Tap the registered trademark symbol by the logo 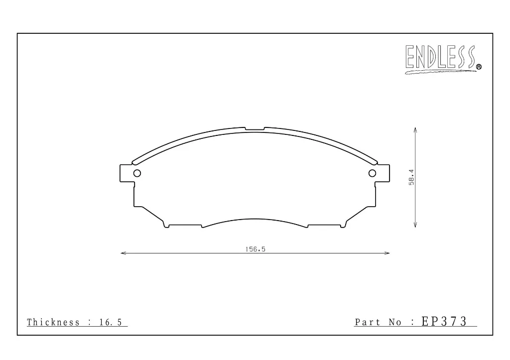click(479, 67)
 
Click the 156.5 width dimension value click(255, 249)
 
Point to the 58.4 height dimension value click(411, 177)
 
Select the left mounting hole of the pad click(137, 173)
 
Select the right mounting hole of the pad click(373, 173)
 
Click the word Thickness click(53, 322)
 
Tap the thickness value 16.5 click(111, 322)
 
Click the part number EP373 click(444, 321)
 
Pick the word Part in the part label click(368, 322)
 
